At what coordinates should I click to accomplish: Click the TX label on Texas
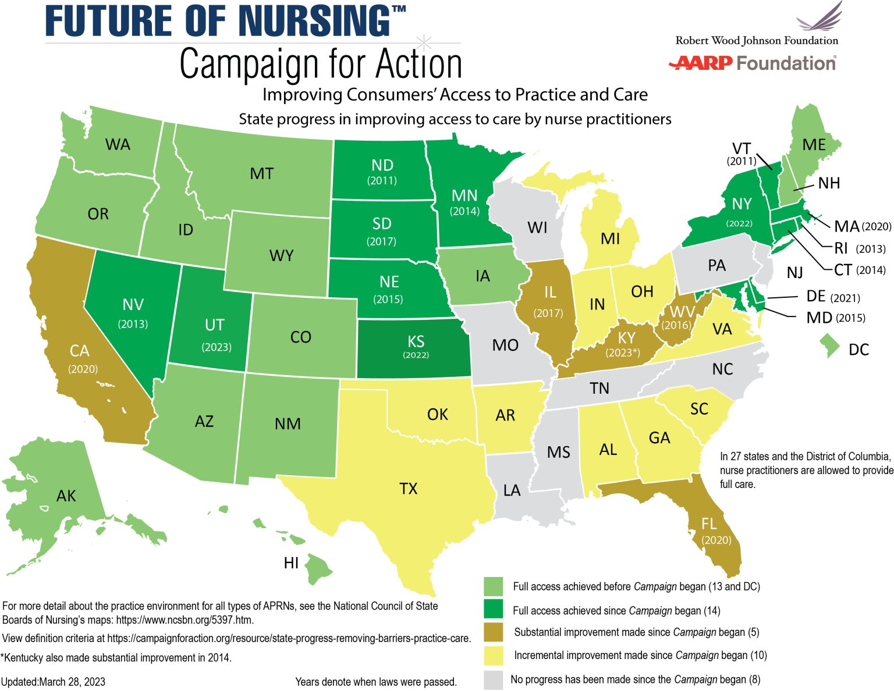point(409,488)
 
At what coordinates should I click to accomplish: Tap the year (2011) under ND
point(382,180)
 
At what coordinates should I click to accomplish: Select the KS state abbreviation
point(416,341)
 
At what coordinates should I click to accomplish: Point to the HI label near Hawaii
point(291,562)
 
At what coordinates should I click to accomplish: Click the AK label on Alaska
point(66,496)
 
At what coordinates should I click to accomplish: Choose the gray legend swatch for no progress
point(494,679)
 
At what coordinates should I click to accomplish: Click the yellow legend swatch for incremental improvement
point(494,656)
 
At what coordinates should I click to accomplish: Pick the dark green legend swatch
point(494,610)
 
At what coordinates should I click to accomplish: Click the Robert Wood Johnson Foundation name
point(757,41)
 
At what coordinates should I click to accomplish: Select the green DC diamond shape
point(829,345)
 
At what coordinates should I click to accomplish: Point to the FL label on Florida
point(708,524)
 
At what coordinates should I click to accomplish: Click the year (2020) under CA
point(83,369)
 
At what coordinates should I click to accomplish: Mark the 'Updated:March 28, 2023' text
point(54,682)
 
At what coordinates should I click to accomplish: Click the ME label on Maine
point(814,144)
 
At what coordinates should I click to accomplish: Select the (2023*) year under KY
point(623,352)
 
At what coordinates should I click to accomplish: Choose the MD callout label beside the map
point(818,318)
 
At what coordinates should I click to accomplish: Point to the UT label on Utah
point(214,325)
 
